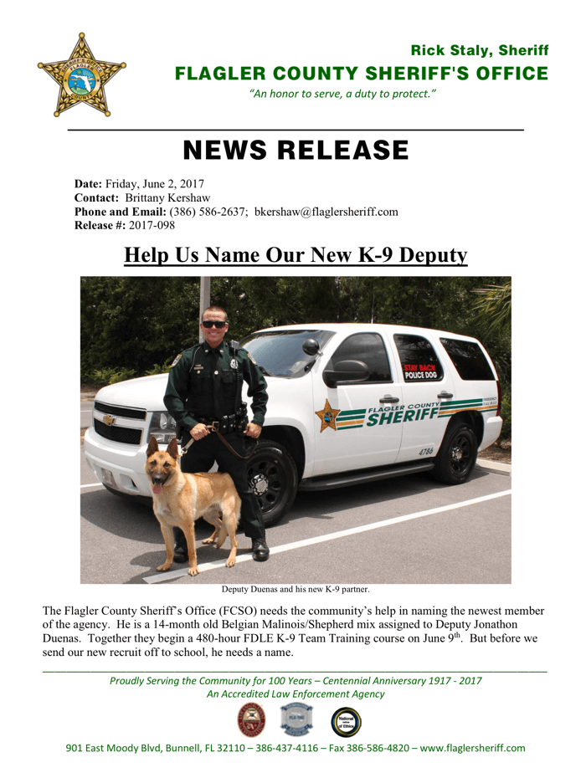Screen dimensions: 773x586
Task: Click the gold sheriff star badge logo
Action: (x=82, y=75)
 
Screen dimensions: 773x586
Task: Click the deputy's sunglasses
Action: (x=214, y=324)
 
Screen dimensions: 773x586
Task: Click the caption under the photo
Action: (x=296, y=590)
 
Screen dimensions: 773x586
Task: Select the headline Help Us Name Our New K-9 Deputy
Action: (x=295, y=254)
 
